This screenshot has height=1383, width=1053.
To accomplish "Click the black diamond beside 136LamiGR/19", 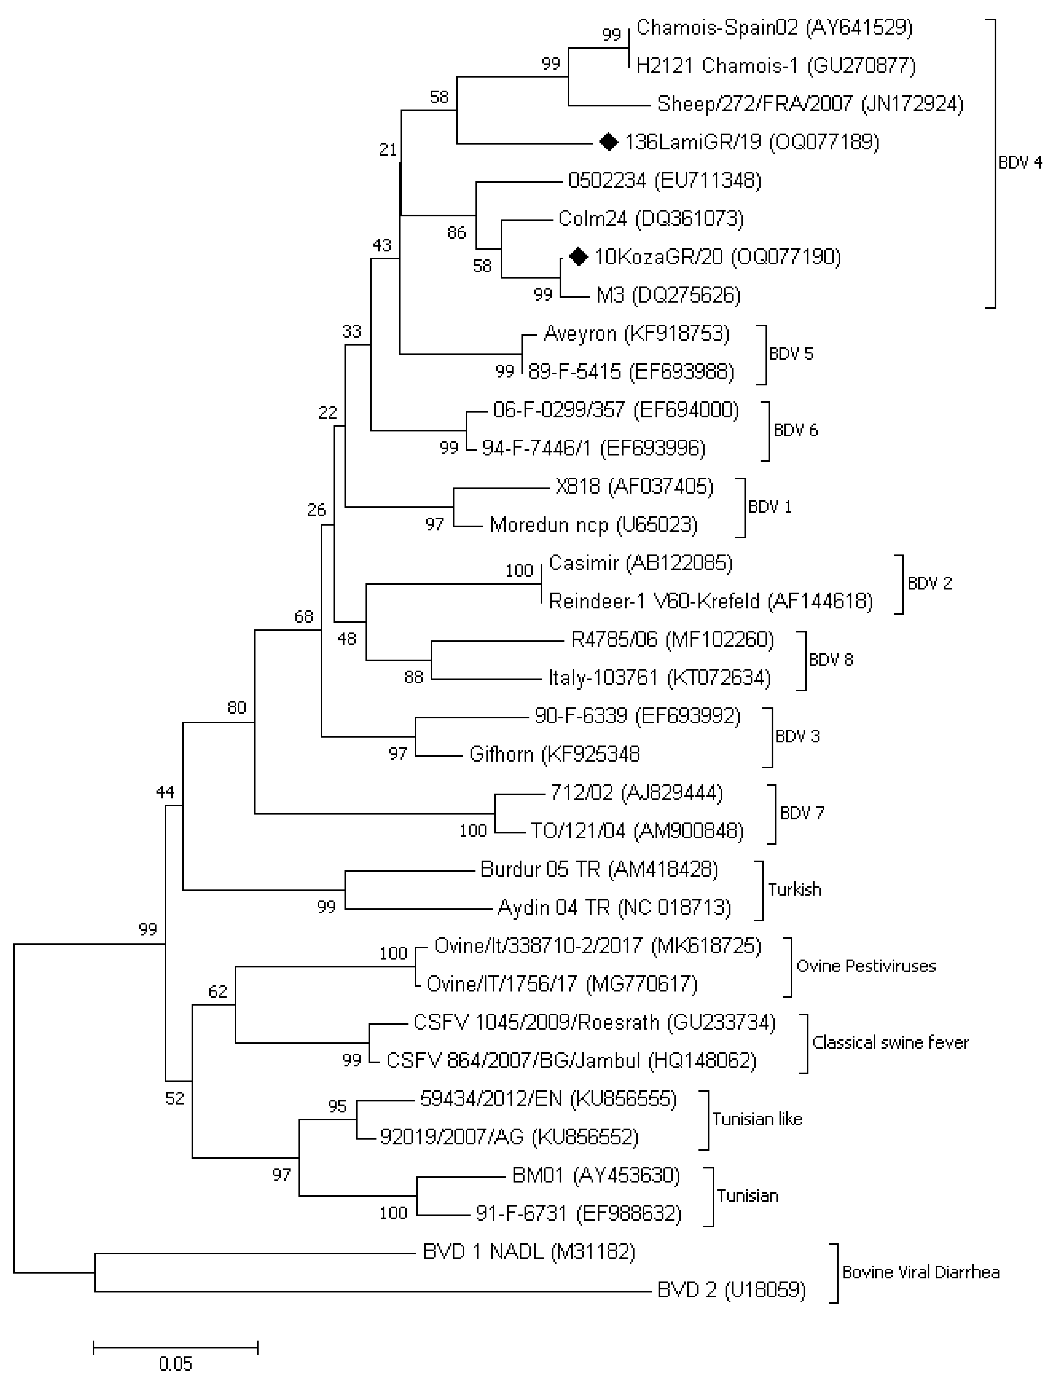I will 608,142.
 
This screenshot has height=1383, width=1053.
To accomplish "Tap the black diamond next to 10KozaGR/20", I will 578,256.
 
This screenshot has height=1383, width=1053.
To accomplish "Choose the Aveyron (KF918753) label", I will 636,334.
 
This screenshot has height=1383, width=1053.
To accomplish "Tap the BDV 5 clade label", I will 791,354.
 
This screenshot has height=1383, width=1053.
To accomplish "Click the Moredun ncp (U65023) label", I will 593,525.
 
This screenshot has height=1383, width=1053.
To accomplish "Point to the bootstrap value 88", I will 414,677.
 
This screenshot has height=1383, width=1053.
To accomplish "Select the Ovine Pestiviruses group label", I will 866,966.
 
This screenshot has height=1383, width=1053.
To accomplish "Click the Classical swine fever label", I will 890,1043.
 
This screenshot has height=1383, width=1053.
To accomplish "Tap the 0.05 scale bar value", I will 175,1364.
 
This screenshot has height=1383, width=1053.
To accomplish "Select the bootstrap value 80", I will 237,708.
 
